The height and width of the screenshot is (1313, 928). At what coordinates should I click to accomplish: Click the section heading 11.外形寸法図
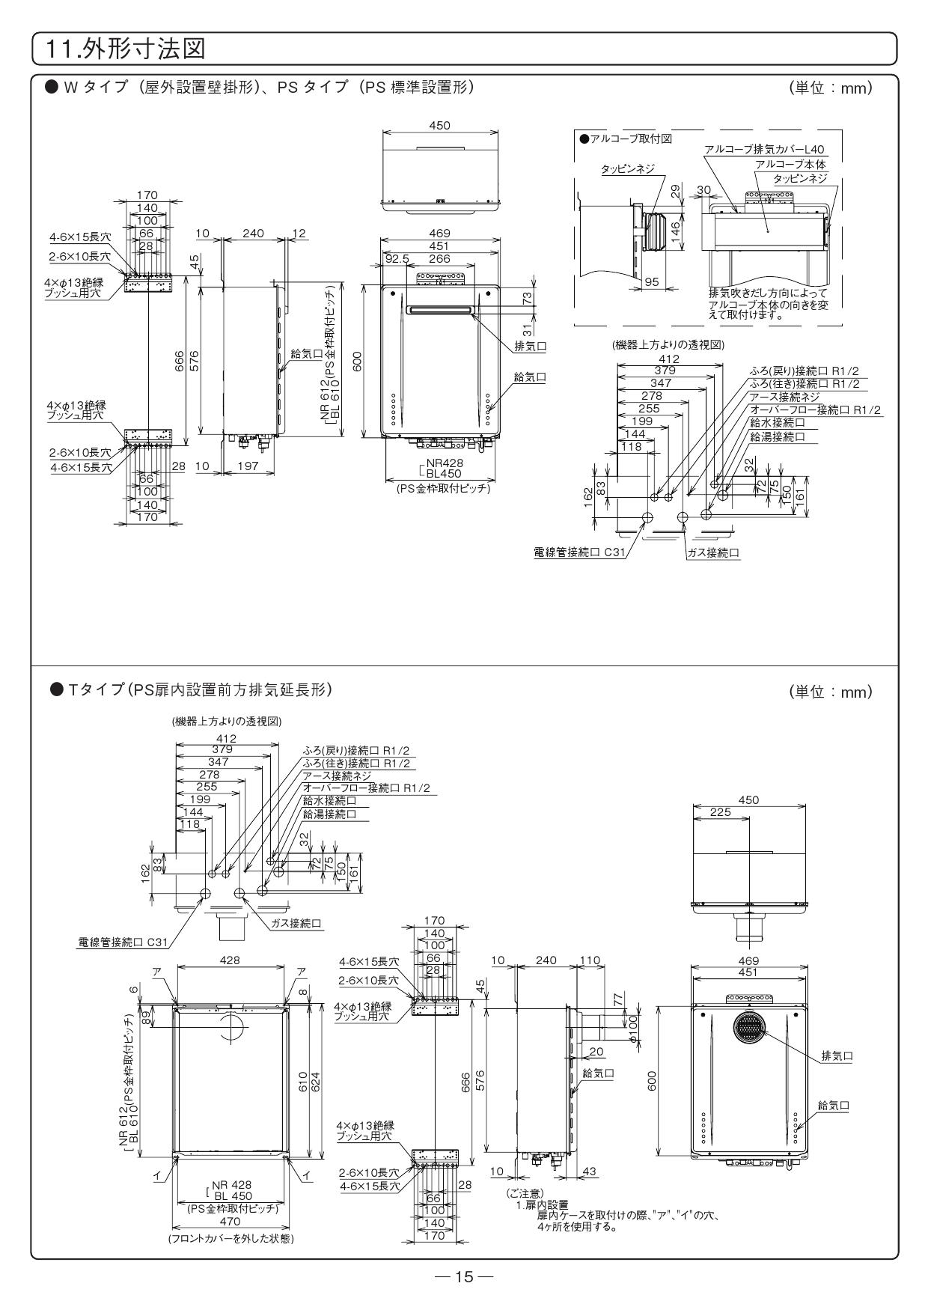click(125, 50)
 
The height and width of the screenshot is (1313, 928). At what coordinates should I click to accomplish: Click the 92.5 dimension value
click(397, 258)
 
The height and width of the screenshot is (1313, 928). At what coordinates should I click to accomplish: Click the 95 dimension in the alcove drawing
click(652, 282)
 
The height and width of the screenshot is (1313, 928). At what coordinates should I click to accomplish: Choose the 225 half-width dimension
click(720, 812)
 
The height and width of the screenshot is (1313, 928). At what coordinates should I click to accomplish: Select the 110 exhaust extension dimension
click(590, 960)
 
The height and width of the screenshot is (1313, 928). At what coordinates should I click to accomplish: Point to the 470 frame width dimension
click(231, 1221)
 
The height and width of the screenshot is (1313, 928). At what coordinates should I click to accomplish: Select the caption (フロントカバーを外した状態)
click(231, 1239)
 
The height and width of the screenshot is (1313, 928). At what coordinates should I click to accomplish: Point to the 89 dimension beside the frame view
click(146, 1017)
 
